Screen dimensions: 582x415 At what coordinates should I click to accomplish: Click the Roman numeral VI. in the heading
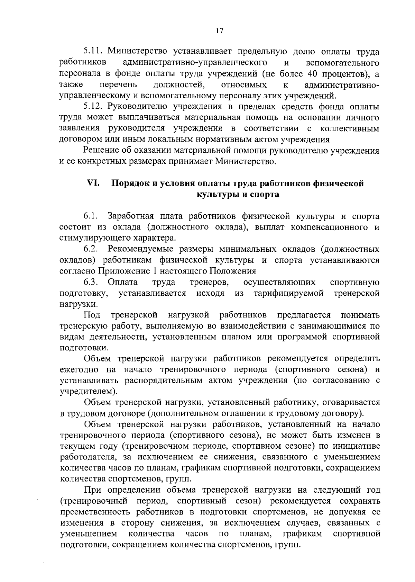coord(93,183)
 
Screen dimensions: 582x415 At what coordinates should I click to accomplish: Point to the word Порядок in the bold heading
coord(130,184)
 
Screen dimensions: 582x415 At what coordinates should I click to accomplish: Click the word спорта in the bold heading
coord(265,195)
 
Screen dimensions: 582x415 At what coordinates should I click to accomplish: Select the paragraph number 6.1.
coord(91,217)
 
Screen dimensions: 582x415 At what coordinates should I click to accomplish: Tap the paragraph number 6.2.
coord(91,249)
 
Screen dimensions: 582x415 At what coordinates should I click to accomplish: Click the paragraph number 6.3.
coord(91,282)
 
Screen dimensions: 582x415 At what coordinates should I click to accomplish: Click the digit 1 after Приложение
coord(153,271)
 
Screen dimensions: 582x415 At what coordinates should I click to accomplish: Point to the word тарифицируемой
coord(289,294)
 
